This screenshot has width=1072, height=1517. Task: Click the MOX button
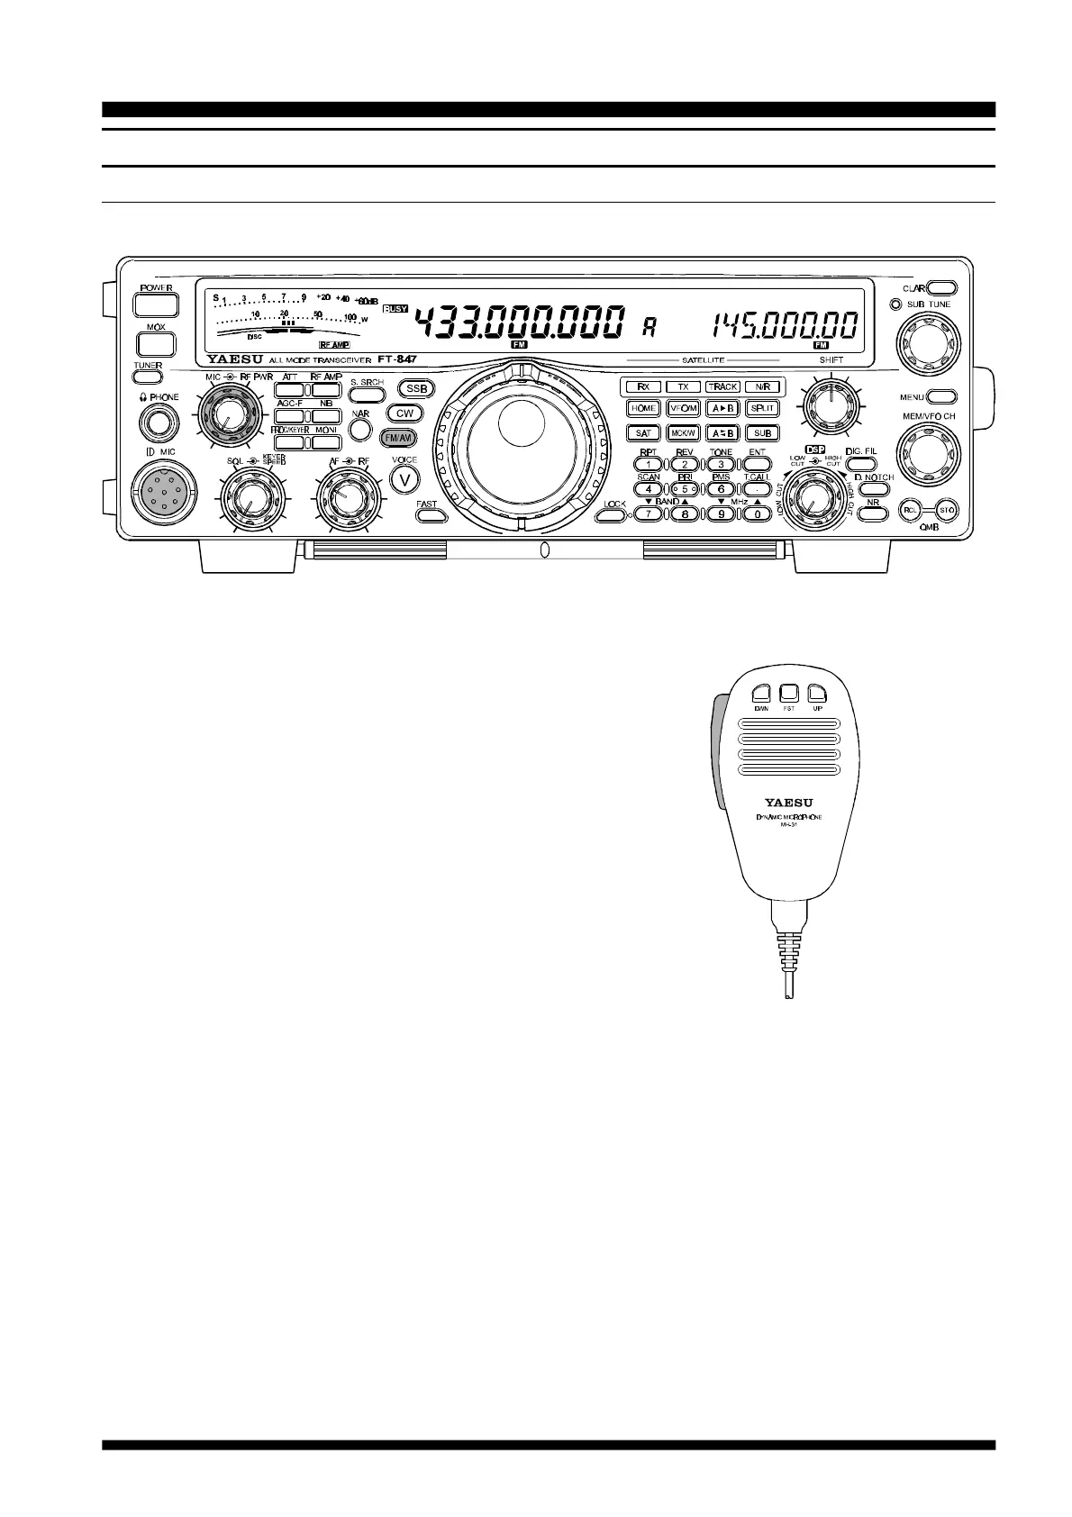157,344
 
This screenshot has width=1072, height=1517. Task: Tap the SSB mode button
416,389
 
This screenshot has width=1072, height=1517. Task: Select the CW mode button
404,413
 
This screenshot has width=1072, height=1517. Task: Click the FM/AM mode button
399,438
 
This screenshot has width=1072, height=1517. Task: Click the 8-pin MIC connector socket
162,493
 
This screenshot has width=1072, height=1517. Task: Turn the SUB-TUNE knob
927,343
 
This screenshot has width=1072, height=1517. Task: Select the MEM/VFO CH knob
927,455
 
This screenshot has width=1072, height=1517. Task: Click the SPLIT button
762,408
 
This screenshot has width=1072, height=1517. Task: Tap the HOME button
643,408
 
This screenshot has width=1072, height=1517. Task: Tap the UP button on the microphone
817,693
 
